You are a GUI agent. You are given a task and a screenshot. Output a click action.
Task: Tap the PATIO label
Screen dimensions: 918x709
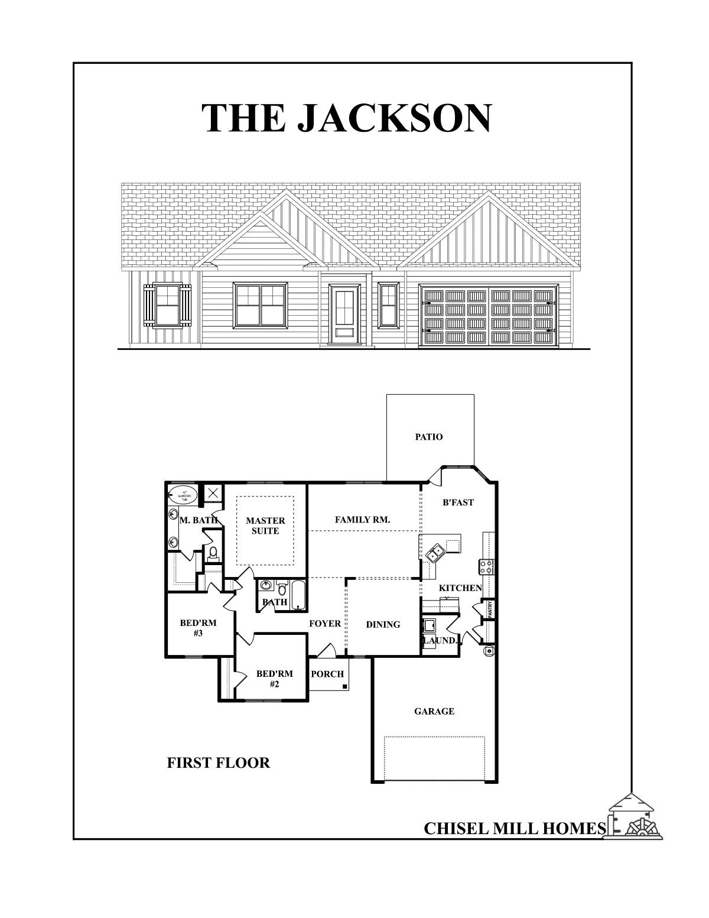click(429, 437)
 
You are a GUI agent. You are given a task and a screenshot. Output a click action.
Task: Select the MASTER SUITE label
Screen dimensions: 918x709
click(265, 526)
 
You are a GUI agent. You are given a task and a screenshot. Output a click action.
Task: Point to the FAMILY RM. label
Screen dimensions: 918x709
click(362, 520)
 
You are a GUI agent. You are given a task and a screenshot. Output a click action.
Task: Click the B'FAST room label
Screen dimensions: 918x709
click(458, 502)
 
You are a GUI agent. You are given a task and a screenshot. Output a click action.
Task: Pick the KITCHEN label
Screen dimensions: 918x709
click(460, 588)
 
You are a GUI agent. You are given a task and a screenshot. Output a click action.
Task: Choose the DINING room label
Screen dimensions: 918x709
click(383, 624)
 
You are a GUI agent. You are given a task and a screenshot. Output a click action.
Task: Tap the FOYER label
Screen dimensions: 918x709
click(325, 624)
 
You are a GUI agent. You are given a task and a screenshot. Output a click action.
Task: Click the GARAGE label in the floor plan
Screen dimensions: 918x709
click(434, 711)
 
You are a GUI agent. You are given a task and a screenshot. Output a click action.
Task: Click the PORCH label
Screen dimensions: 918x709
click(327, 674)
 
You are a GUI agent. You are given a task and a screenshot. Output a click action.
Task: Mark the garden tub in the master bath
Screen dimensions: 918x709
click(184, 494)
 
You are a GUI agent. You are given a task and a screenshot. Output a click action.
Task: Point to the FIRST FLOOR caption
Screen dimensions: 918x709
click(219, 763)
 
